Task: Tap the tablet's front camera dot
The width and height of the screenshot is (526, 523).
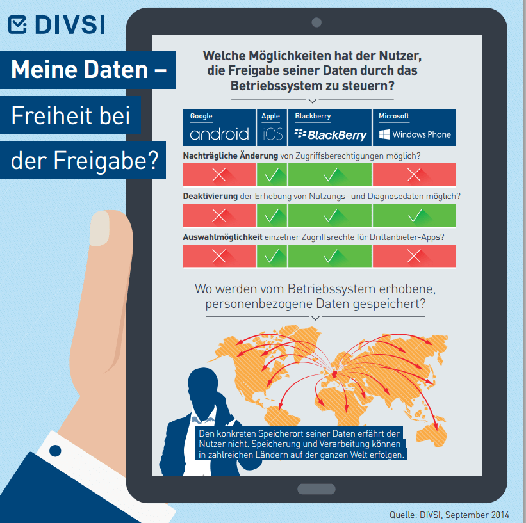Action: pos(316,23)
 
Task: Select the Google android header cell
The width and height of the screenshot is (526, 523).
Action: pos(219,127)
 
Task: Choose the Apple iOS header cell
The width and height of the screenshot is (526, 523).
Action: pos(272,127)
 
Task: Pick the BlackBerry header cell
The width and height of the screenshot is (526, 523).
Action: pos(330,127)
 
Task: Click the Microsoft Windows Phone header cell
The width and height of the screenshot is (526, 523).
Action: pos(415,127)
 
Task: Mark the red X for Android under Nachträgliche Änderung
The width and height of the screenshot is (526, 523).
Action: pos(219,175)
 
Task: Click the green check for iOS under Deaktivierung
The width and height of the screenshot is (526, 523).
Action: pos(272,215)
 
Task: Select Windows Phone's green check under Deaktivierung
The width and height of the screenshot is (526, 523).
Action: pos(415,215)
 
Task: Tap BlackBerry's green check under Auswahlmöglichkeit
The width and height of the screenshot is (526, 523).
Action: pos(330,256)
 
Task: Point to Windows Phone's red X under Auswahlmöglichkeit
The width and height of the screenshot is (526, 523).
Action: pos(415,256)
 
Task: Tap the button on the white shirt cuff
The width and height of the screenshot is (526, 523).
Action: pos(55,450)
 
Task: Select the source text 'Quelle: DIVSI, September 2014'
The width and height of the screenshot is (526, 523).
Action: pos(448,515)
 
